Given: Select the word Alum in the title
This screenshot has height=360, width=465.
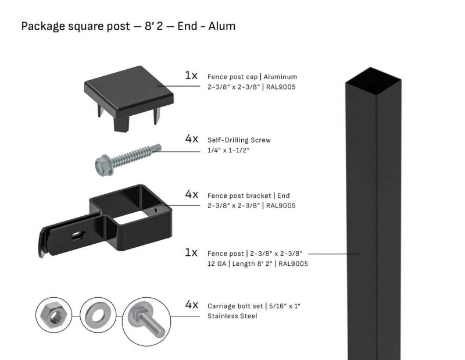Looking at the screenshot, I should [x=222, y=26].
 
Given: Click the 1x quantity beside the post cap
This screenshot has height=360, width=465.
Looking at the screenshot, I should [x=191, y=76].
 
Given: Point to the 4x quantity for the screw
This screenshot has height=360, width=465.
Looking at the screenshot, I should [x=191, y=139].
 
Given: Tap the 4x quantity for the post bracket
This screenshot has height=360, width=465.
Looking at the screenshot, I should [x=191, y=194].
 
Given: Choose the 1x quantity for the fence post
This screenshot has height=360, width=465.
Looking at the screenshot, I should [x=191, y=253].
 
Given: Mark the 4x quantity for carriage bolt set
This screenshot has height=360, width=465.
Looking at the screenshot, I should [x=191, y=305].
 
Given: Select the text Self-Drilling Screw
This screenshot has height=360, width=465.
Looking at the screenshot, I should [x=239, y=140].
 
